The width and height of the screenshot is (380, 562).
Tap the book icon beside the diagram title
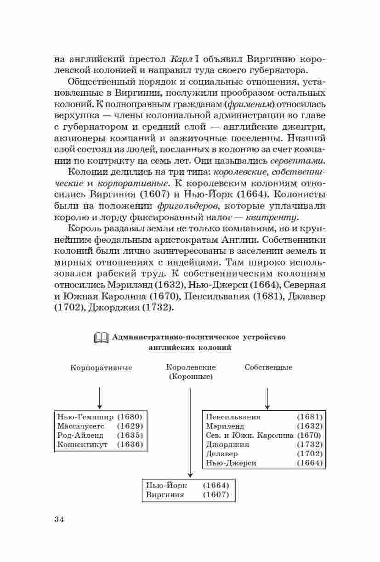(101, 338)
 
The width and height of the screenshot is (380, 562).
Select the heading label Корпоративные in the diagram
(101, 368)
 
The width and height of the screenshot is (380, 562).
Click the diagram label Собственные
(268, 367)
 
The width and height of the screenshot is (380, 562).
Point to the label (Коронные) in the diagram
(190, 376)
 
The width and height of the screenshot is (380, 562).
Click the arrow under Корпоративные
(100, 397)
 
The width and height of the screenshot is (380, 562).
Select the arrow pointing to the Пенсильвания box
(267, 398)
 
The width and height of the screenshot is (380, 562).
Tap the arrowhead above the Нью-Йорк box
(190, 475)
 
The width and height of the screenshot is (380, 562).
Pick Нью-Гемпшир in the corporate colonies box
(85, 417)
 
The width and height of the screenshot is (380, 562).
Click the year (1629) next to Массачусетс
(130, 426)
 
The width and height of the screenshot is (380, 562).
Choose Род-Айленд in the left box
(80, 435)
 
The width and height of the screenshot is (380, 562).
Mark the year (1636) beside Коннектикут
(130, 444)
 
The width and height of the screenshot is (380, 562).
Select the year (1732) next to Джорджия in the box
(310, 444)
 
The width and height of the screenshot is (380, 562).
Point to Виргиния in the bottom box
(165, 495)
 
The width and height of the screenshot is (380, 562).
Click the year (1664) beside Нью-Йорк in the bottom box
(216, 486)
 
